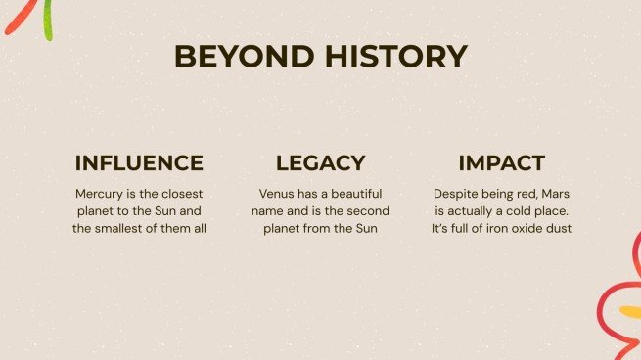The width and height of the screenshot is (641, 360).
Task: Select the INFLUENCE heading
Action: coord(139,163)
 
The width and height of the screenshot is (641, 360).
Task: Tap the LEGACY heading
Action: coord(320,163)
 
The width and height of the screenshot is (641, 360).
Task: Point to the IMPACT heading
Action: coord(501,163)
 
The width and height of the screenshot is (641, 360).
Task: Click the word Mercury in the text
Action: coord(102,194)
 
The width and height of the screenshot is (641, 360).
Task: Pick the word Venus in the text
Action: coord(278,194)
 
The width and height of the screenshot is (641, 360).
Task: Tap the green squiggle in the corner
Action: coord(46,22)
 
